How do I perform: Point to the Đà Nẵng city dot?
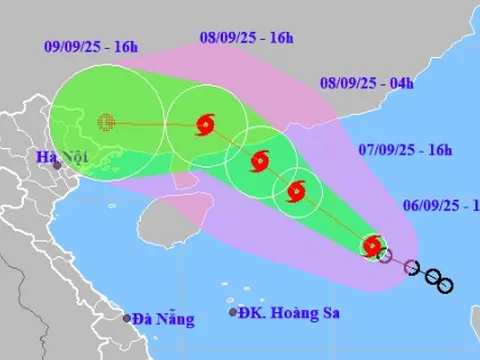click(128, 318)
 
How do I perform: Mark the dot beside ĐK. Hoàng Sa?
click(233, 313)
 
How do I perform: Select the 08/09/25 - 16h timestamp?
click(246, 38)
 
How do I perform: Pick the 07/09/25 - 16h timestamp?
click(405, 150)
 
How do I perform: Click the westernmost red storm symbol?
click(206, 124)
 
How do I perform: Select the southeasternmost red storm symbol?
click(373, 245)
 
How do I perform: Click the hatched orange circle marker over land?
click(106, 122)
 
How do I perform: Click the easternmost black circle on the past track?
click(445, 285)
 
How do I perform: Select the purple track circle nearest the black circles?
click(410, 266)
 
